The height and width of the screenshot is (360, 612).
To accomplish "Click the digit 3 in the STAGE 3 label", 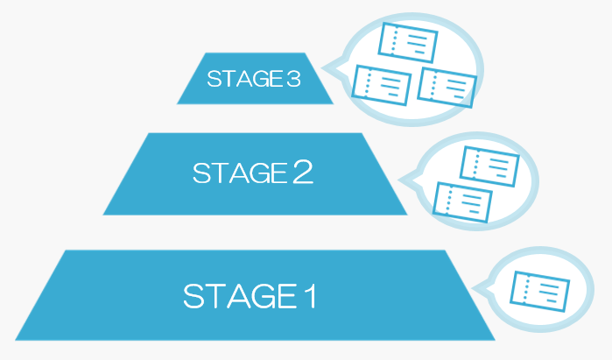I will click(293, 80).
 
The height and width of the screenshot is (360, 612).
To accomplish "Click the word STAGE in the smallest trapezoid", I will click(244, 80).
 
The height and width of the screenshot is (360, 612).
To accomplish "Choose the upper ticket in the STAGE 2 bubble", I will click(489, 164).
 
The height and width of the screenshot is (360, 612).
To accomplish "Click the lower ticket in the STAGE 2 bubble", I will click(463, 202).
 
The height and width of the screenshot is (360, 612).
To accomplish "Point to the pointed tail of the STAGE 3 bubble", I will click(331, 66).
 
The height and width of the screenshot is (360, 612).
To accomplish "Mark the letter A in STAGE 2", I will click(234, 173).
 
